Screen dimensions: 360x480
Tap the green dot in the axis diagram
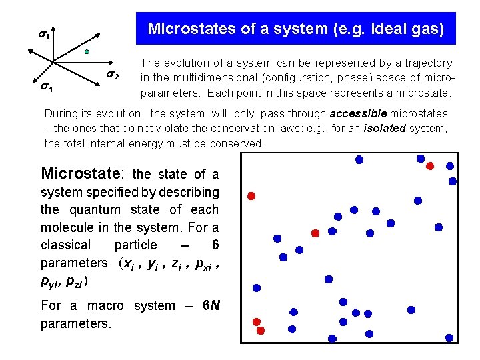pos(87,51)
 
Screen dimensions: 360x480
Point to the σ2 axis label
pos(113,75)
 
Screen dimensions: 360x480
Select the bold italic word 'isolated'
pos(386,128)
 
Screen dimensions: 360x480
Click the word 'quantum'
pos(111,209)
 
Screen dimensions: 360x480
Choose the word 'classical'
pos(65,245)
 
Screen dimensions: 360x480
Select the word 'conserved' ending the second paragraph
pos(237,143)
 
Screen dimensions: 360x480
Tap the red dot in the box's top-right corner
pos(430,165)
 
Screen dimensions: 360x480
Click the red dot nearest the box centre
pos(315,233)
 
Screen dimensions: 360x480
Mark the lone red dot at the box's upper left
pos(251,195)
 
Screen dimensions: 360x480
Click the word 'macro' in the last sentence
pos(105,305)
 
